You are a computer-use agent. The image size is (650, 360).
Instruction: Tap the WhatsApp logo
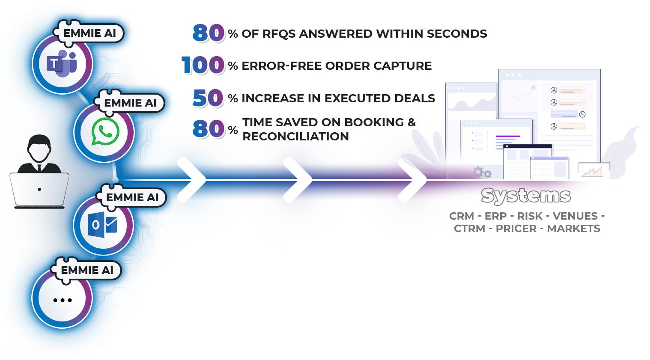(x=105, y=132)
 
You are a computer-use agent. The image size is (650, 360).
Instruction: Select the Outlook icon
(x=103, y=225)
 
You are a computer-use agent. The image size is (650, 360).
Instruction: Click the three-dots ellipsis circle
(x=63, y=300)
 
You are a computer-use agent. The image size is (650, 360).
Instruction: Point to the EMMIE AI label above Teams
(x=89, y=33)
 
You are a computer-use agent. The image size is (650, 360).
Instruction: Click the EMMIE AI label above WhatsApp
(x=130, y=103)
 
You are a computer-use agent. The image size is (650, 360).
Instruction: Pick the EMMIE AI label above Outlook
(x=132, y=198)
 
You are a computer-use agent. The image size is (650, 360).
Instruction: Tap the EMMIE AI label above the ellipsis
(x=87, y=271)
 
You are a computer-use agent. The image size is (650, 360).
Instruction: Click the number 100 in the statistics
(x=203, y=65)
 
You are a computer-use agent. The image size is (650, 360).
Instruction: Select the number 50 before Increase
(x=208, y=98)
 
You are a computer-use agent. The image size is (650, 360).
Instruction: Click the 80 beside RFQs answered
(x=209, y=33)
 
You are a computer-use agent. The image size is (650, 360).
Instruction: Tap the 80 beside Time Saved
(x=209, y=129)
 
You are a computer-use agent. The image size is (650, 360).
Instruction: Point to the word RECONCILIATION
(x=295, y=137)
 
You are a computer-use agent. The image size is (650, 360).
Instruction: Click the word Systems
(x=525, y=196)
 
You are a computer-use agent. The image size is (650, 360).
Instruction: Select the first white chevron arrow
(x=192, y=180)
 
